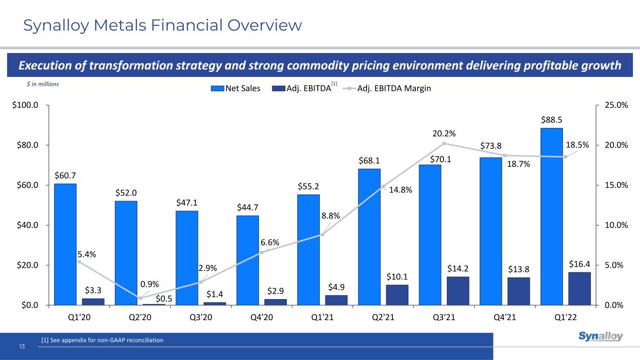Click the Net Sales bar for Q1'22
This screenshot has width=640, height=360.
click(551, 217)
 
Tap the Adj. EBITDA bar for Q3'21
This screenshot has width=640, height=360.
click(458, 291)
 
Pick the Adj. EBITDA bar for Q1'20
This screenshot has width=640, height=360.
click(93, 301)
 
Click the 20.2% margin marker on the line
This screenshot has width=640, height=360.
click(444, 143)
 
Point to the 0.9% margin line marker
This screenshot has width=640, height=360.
click(140, 298)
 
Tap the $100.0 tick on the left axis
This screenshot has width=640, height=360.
click(27, 105)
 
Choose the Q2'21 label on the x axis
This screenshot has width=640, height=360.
click(383, 316)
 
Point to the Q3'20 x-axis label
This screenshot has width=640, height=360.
click(201, 316)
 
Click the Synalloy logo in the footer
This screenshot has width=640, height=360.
click(601, 337)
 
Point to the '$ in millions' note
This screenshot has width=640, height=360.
click(43, 83)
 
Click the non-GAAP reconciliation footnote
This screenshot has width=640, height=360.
click(102, 340)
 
